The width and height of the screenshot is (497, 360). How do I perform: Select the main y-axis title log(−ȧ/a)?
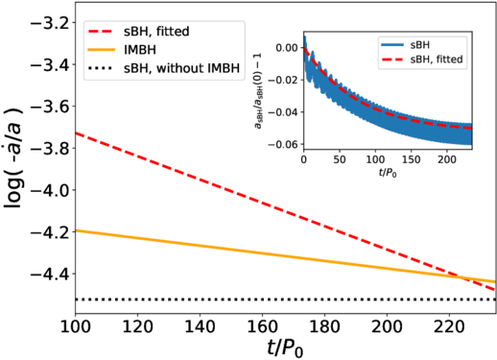coord(18,162)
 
